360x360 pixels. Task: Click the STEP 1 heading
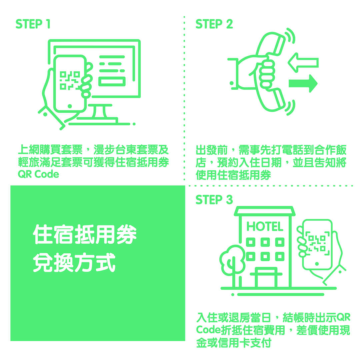pos(33,24)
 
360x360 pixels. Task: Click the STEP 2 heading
pos(214,24)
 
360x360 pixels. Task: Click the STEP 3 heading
pos(214,200)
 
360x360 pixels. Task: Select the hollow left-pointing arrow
pos(303,63)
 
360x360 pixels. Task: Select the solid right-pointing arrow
pos(303,83)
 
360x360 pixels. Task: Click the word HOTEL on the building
pos(265,227)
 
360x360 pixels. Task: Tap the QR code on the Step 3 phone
pos(317,244)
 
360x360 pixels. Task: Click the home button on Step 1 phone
pos(70,106)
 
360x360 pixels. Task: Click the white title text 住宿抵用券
pos(85,234)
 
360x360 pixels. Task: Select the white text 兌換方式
pos(74,262)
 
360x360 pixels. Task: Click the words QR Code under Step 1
pos(38,174)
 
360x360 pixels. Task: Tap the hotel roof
pos(265,211)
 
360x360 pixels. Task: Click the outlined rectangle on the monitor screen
pos(112,82)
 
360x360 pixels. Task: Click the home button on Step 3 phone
pos(317,264)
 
